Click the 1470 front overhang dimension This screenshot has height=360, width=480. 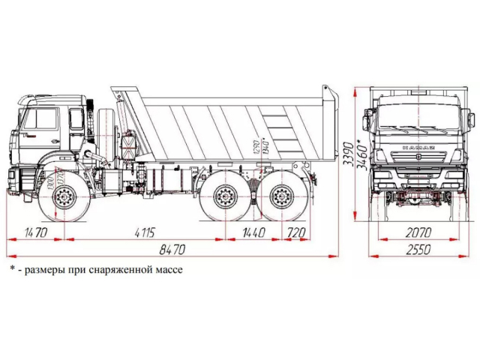coord(35,232)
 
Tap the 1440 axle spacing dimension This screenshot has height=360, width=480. coord(253,232)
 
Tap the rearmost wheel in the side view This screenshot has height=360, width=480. coord(282,199)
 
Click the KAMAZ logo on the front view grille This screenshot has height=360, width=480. coord(418,148)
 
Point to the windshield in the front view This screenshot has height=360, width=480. coord(418,118)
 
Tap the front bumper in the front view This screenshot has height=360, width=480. coord(418,180)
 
